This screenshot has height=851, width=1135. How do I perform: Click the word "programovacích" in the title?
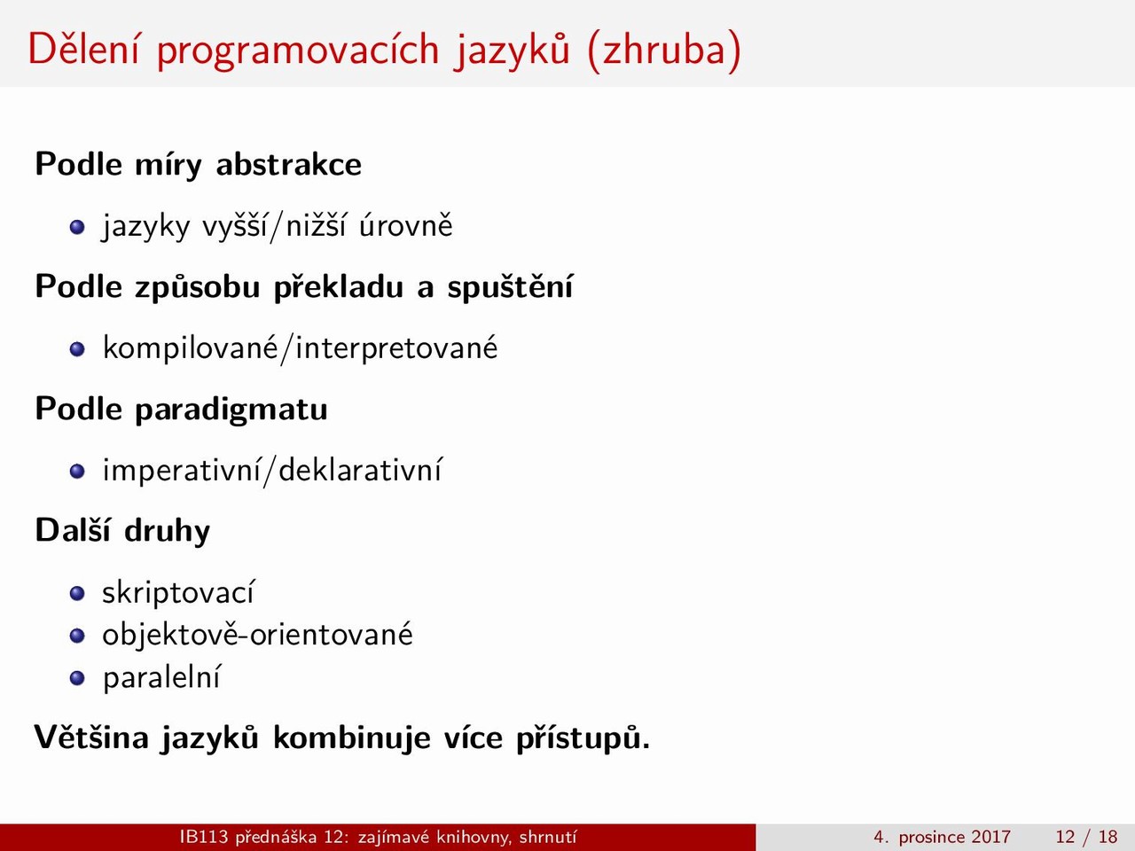pos(298,51)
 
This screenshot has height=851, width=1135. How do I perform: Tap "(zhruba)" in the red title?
pos(664,51)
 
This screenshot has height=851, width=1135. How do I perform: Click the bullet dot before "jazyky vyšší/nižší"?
pos(77,227)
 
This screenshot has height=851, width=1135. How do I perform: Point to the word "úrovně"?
pos(406,226)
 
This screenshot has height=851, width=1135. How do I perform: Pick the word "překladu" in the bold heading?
pos(338,286)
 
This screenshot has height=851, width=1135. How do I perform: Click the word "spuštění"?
pos(511,286)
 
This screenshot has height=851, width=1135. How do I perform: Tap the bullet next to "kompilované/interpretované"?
pos(77,349)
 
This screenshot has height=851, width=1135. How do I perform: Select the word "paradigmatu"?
pos(231,410)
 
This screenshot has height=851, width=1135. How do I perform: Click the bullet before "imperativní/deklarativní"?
pos(77,472)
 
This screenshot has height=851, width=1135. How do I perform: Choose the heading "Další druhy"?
pos(122,531)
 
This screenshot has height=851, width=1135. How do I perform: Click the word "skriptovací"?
pos(178,591)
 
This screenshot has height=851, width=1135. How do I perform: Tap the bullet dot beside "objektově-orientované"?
pos(77,636)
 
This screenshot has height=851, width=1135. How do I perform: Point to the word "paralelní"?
pos(162,676)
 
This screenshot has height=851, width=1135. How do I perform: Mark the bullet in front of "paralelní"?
pos(77,678)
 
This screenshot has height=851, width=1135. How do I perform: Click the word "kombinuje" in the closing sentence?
pos(352,737)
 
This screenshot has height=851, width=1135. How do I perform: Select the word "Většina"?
pos(91,737)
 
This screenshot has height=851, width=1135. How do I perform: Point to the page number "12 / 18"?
pos(1086,837)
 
